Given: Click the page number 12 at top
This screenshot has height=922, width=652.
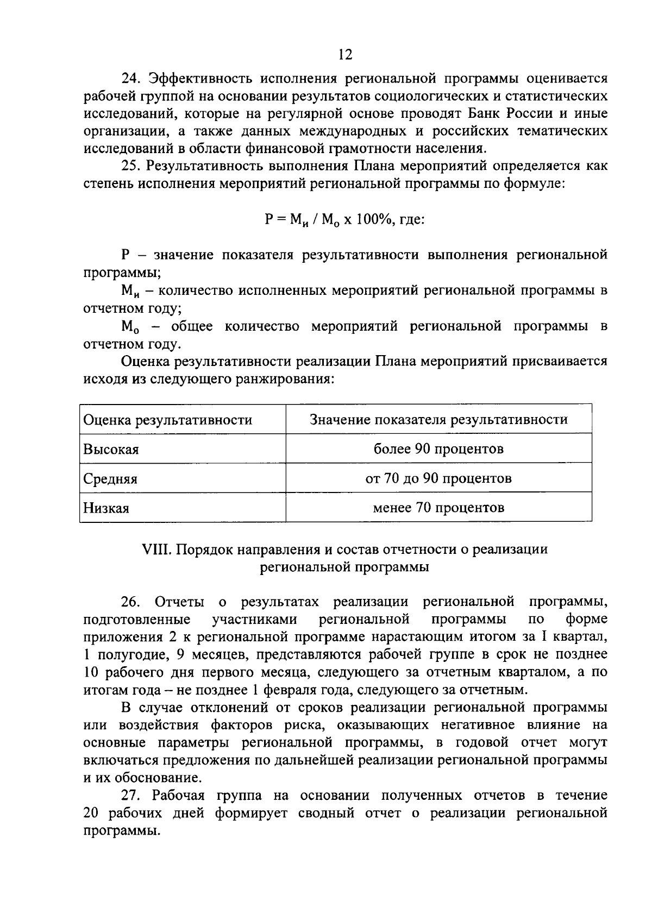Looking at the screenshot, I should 345,54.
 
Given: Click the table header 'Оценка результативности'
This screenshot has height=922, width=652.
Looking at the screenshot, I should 167,420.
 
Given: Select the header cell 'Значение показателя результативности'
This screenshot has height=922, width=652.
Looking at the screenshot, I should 438,419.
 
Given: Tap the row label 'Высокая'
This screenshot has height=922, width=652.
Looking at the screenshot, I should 111,450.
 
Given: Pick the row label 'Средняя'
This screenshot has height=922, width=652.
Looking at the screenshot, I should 110,479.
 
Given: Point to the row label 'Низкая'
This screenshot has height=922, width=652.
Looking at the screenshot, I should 106,508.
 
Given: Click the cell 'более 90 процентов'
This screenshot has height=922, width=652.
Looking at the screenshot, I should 438,449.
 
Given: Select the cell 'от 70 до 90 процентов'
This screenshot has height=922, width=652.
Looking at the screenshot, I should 438,478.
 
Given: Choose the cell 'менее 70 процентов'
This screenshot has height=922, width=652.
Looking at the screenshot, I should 438,508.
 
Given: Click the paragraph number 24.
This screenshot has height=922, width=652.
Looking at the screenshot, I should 131,78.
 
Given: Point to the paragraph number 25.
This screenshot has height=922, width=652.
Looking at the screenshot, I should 131,166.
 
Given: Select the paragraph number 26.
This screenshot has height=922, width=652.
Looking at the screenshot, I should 131,602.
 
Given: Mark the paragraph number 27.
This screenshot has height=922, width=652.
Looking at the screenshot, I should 131,795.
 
